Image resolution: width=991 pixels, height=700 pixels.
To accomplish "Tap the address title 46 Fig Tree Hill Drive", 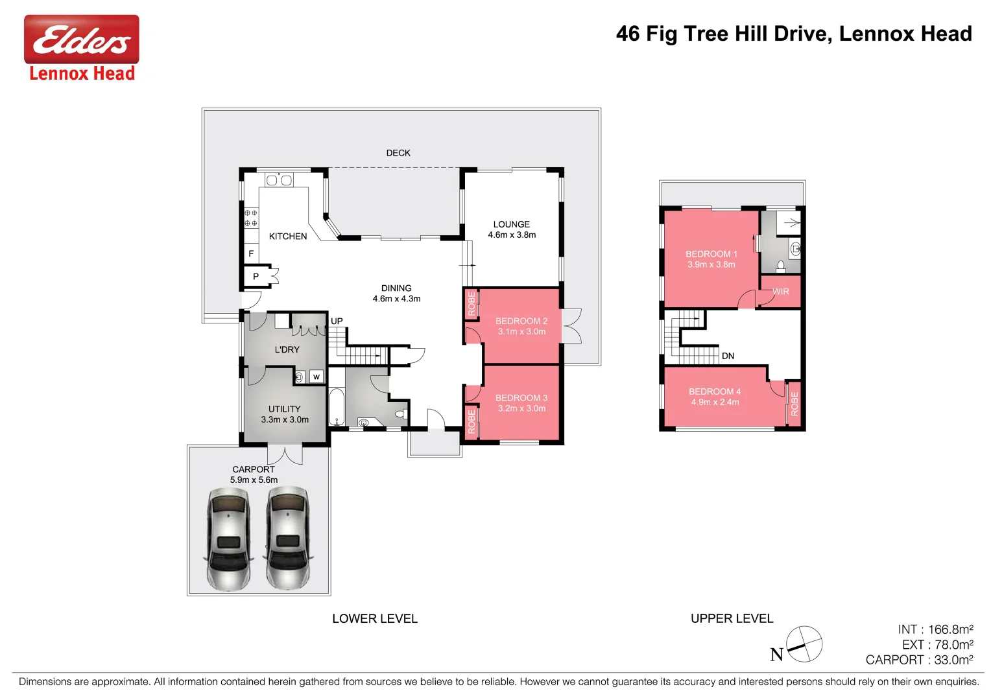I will [793, 34].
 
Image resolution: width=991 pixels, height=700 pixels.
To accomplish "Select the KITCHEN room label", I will [288, 237].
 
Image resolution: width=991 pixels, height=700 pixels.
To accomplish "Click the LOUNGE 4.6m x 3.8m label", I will [512, 229].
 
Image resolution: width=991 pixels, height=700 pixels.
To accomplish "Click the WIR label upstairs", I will [781, 292].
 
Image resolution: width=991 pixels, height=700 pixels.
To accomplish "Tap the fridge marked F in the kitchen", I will [251, 253].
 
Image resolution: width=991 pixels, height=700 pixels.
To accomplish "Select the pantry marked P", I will [256, 277].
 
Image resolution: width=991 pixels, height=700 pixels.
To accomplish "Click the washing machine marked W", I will [316, 377].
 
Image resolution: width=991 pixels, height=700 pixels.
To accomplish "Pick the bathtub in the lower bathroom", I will [337, 407].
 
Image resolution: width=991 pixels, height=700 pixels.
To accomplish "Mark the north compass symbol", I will [804, 644].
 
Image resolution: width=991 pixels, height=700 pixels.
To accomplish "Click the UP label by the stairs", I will [337, 321].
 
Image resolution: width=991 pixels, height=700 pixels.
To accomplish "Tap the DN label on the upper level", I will [728, 356].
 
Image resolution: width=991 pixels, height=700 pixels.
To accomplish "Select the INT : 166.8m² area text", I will [935, 629].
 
